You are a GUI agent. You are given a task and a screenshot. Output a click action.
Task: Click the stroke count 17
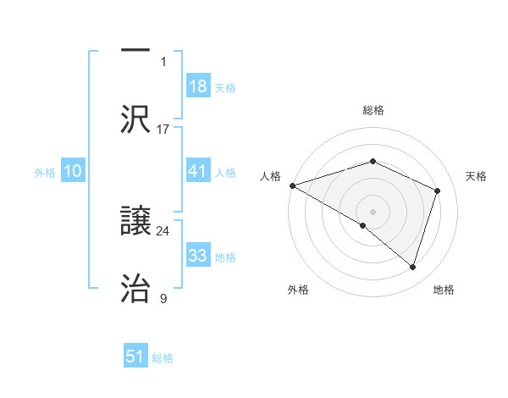coord(163,129)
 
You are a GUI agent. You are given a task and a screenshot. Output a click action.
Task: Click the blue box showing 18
coord(198,86)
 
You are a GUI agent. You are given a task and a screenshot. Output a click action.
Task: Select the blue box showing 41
coord(198,171)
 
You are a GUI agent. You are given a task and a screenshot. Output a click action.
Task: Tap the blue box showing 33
coord(198,256)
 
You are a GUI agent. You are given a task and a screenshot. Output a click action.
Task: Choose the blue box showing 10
coord(73,171)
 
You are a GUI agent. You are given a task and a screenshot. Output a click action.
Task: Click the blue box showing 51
coord(135,357)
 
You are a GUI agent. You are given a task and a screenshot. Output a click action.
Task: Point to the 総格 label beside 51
coord(163,358)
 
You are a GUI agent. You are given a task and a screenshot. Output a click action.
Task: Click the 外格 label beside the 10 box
coord(45,172)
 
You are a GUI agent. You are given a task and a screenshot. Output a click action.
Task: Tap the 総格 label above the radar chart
coord(373,110)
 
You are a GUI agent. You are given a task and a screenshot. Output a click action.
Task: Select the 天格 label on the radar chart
coord(477,176)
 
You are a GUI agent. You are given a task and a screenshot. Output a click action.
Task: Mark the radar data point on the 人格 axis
coord(292,185)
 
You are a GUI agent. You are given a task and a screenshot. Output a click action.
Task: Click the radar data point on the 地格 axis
coord(412,267)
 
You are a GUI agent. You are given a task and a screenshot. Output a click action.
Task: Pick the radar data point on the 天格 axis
coord(438,191)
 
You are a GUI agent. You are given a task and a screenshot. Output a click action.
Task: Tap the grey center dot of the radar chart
coord(373,211)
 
